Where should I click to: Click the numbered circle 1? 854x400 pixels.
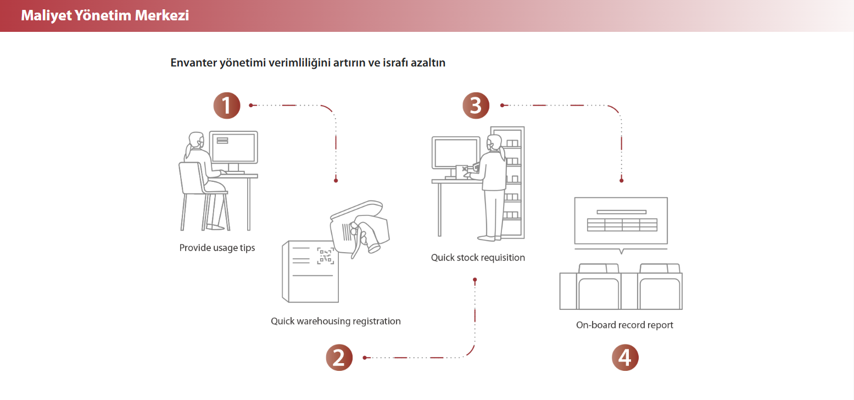click(227, 105)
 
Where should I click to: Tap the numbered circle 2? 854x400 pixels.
click(339, 358)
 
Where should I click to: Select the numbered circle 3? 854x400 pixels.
click(476, 105)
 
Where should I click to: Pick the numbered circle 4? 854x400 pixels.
click(625, 358)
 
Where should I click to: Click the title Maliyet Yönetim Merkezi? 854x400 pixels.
click(105, 15)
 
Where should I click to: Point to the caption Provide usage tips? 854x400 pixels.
click(217, 248)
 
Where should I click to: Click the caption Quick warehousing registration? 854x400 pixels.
click(336, 321)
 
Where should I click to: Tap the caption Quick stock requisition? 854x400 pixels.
click(478, 257)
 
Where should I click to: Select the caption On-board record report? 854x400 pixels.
click(624, 325)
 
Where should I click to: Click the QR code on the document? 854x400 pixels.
click(326, 255)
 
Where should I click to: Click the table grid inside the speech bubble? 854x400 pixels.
click(621, 225)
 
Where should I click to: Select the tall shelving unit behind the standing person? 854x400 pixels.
click(513, 181)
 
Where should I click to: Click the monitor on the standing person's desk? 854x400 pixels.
click(455, 155)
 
